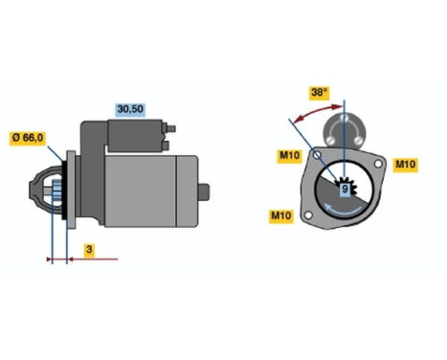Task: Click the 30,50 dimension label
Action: point(130,108)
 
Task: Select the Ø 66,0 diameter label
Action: point(27,136)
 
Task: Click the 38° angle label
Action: point(320,93)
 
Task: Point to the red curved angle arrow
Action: point(306,115)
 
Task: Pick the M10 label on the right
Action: point(406,165)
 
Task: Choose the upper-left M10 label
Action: point(290,156)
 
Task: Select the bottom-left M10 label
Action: point(280,217)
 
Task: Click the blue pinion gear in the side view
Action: point(56,196)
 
